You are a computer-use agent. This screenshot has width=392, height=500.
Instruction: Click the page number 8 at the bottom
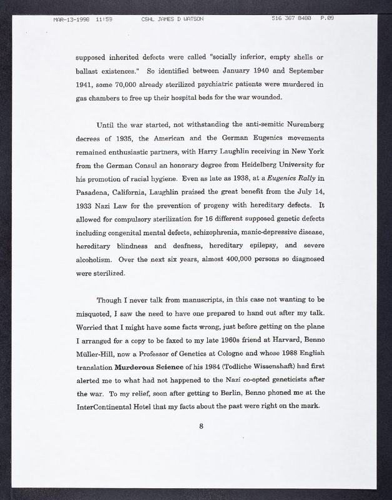coord(201,428)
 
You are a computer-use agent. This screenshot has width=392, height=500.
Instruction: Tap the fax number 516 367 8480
coord(293,18)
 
